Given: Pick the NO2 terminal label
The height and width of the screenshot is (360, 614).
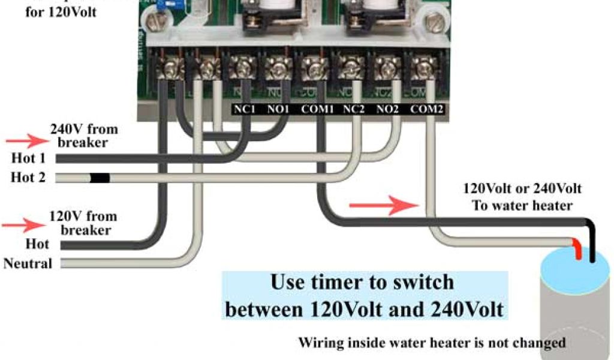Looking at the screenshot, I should click(388, 110).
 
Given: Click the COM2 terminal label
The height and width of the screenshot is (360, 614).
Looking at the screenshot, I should click(428, 110).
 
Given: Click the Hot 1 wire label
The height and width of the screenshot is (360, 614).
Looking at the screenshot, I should click(28, 159).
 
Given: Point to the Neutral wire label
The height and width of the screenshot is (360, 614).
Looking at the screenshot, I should click(28, 263).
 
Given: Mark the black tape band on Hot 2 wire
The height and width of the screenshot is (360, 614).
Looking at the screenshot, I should click(99, 178).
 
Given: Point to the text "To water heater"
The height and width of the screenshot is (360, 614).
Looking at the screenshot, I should click(522, 206).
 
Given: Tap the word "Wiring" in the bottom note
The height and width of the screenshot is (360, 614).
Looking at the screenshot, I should click(320, 343).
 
